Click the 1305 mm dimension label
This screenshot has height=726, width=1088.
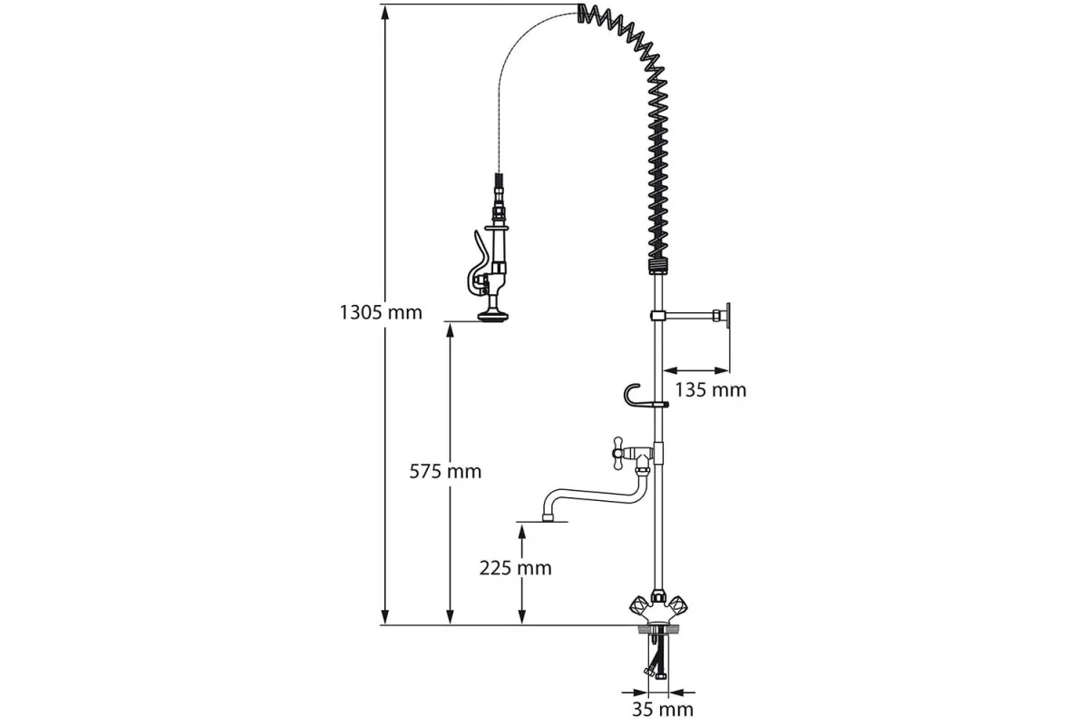click(x=381, y=313)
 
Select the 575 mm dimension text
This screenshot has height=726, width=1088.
click(x=445, y=471)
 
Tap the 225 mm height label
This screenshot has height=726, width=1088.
click(x=516, y=568)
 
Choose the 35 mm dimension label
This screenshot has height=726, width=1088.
click(x=663, y=709)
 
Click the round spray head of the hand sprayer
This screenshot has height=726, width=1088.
click(x=494, y=315)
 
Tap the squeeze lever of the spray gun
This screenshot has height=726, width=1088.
click(x=472, y=263)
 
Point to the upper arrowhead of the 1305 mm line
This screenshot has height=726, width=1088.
click(x=385, y=12)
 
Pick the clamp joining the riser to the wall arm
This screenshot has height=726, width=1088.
click(x=660, y=315)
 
